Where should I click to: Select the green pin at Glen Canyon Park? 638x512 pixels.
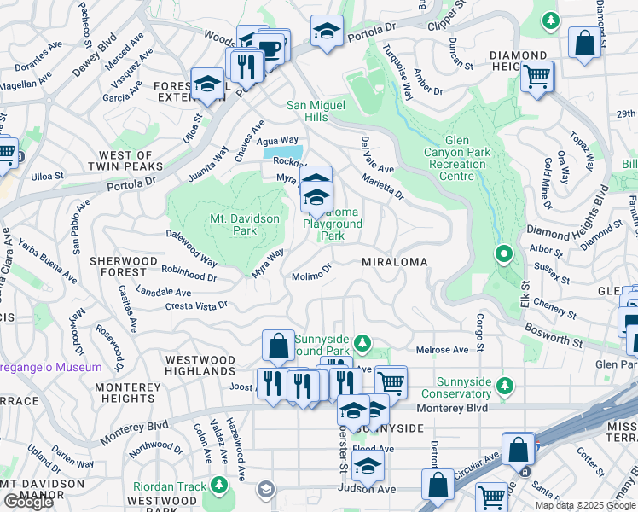(504, 254)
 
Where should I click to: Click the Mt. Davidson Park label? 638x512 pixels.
(245, 224)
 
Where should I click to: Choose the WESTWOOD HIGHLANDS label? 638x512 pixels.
(200, 365)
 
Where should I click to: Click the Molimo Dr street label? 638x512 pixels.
(310, 276)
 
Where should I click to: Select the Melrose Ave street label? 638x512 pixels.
(442, 350)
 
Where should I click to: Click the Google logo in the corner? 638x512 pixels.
(28, 502)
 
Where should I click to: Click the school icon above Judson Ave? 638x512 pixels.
(368, 465)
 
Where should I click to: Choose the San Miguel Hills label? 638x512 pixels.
(318, 111)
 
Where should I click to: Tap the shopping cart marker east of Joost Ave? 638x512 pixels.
(391, 381)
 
